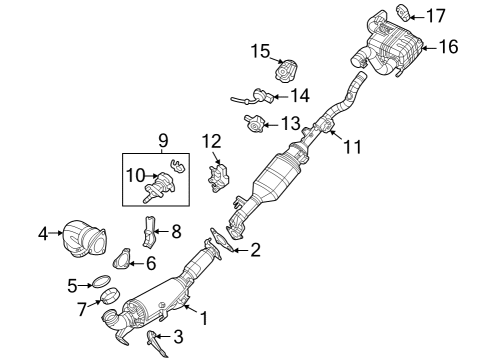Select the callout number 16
coord(448,46)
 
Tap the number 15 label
coord(260,50)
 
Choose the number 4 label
coord(43,234)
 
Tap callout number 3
coord(178,336)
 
